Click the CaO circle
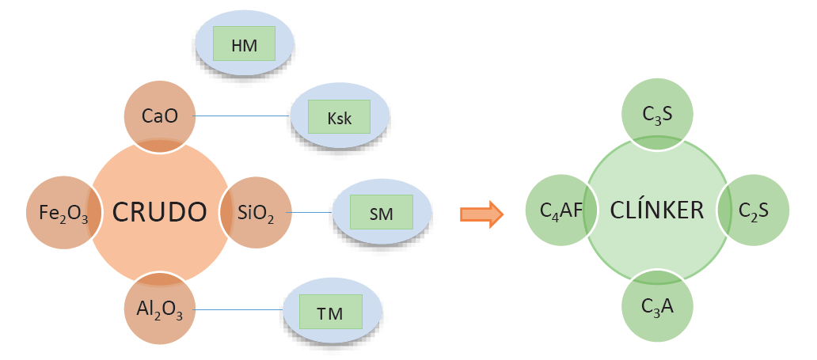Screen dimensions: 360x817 (x=159, y=116)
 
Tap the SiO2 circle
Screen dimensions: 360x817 (x=255, y=212)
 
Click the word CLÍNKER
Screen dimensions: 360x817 (x=657, y=210)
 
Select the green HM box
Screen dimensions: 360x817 (x=244, y=45)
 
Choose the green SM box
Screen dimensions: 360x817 (x=382, y=212)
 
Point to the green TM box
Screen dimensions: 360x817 (x=330, y=313)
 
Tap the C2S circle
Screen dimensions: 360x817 (x=753, y=210)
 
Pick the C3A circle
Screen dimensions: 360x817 (x=657, y=306)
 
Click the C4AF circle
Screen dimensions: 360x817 (x=560, y=210)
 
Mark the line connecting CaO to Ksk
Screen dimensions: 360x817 (x=241, y=116)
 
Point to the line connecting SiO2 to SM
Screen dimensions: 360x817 (x=311, y=212)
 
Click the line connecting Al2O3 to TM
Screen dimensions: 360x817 (x=237, y=309)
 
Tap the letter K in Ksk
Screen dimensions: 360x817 (x=332, y=119)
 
